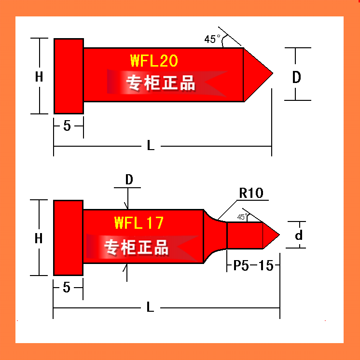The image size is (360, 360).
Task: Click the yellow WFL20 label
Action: (154, 61)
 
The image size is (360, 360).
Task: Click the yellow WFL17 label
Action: (139, 222)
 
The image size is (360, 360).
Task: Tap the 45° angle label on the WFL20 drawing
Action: (212, 39)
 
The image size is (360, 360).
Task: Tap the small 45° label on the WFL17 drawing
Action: (242, 217)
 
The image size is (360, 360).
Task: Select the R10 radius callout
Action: (251, 193)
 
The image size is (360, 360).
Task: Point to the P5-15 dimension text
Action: (253, 265)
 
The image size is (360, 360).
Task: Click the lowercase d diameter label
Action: (299, 235)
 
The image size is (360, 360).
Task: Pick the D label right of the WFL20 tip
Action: (297, 77)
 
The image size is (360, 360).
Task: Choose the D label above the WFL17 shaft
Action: (129, 180)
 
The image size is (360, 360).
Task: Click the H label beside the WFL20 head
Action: (39, 77)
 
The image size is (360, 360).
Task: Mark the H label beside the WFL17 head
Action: (39, 238)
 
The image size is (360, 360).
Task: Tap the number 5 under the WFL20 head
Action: (67, 125)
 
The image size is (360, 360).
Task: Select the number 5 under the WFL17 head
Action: (67, 287)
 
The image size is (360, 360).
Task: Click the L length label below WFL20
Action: (151, 145)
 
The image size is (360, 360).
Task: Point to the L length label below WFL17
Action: (150, 307)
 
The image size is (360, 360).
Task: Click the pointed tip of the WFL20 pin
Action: (273, 73)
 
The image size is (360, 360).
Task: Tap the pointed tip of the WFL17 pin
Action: (279, 235)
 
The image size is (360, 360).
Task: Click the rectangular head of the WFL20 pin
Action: (69, 76)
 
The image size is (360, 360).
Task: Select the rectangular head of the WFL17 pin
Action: (68, 237)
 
